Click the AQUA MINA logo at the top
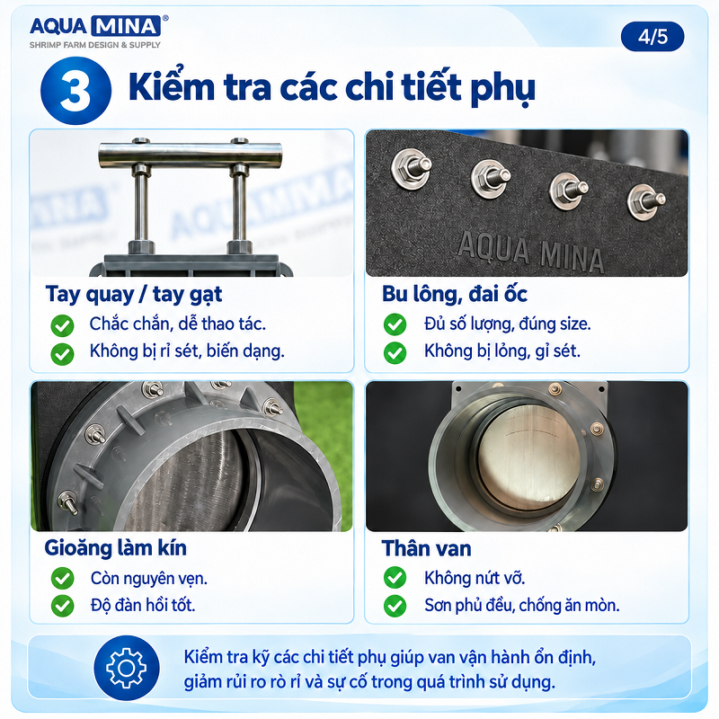[99, 31]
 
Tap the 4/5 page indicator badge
[652, 37]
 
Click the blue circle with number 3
[75, 91]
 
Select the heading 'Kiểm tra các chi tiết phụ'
[332, 86]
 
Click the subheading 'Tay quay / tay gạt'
[133, 295]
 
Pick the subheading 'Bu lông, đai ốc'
[455, 295]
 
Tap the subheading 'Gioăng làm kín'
[116, 548]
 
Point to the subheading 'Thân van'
[426, 548]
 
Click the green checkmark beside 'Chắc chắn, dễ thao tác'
[62, 325]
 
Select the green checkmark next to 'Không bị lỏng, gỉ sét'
[395, 352]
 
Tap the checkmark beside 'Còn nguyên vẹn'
[62, 578]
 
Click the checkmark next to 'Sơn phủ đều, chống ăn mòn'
[395, 605]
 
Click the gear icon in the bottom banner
[127, 668]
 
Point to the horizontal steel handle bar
[190, 154]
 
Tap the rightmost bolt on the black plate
[646, 201]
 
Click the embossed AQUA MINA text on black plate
[530, 253]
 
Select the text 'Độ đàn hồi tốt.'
[143, 605]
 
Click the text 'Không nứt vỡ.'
[475, 578]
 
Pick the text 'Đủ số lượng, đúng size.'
[508, 324]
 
